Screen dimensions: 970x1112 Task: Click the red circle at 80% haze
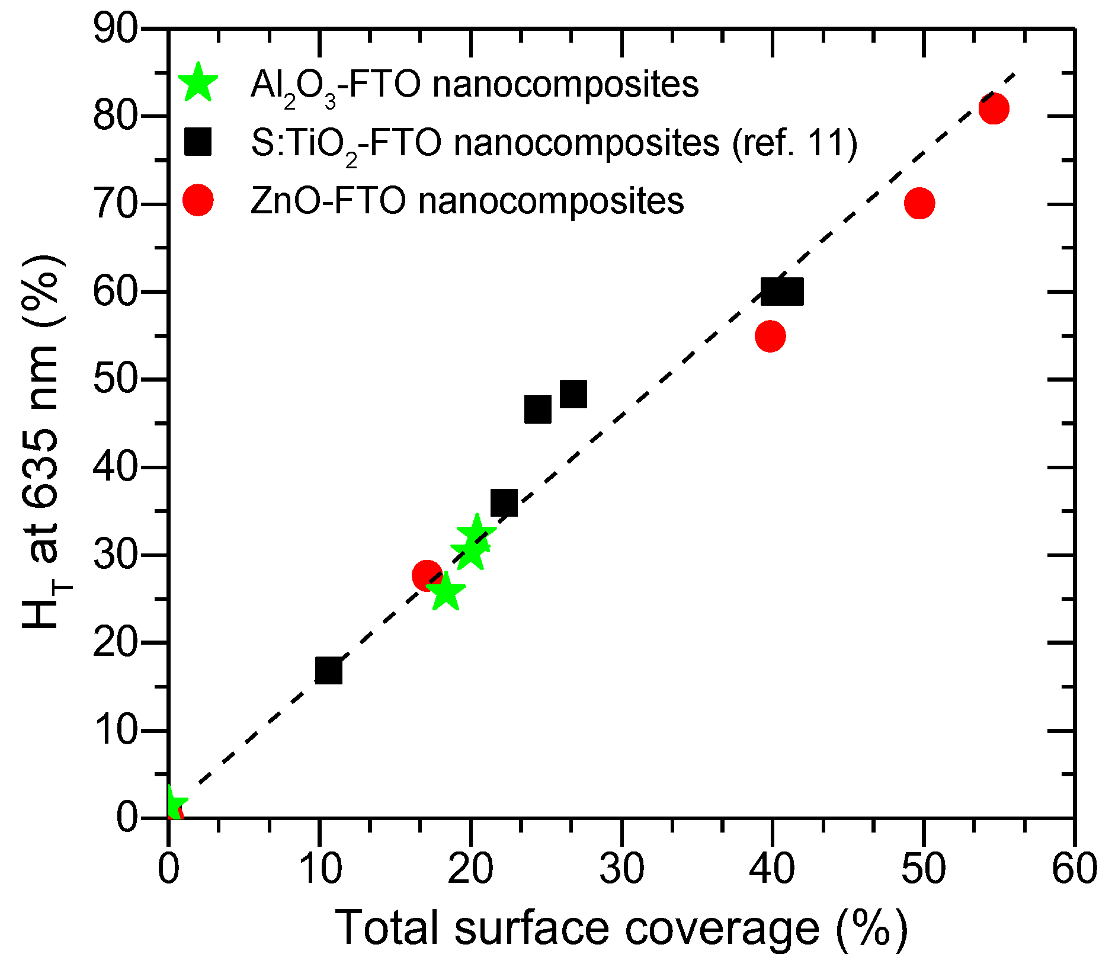pyautogui.click(x=994, y=109)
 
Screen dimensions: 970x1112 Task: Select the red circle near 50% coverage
pyautogui.click(x=919, y=203)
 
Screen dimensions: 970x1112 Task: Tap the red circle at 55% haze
pyautogui.click(x=770, y=337)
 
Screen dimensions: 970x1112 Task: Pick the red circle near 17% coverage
pyautogui.click(x=427, y=575)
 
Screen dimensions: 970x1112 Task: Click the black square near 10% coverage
pyautogui.click(x=329, y=671)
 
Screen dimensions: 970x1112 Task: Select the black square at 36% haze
pyautogui.click(x=504, y=503)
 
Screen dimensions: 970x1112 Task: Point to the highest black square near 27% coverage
pyautogui.click(x=573, y=395)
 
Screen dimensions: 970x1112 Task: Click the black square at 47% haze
pyautogui.click(x=538, y=409)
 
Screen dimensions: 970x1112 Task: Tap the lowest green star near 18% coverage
pyautogui.click(x=446, y=593)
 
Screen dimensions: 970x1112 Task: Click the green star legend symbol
pyautogui.click(x=198, y=84)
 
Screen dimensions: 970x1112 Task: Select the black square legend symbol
pyautogui.click(x=198, y=143)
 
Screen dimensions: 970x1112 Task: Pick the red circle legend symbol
pyautogui.click(x=198, y=200)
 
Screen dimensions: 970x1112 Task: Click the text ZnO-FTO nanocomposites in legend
pyautogui.click(x=467, y=200)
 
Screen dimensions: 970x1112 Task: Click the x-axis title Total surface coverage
pyautogui.click(x=621, y=929)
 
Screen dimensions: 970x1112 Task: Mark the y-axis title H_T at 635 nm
pyautogui.click(x=43, y=441)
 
